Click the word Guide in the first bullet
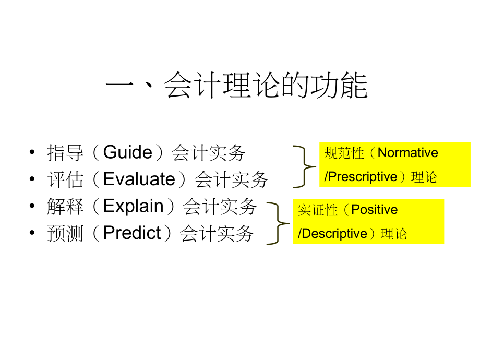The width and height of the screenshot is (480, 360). tap(128, 152)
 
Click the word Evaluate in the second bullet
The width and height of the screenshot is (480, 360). tap(139, 179)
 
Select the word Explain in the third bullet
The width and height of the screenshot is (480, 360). tap(134, 206)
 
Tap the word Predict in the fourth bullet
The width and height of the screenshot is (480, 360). tap(132, 233)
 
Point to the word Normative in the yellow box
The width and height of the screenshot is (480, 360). tap(407, 153)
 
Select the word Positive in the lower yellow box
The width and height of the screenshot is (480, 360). tap(374, 210)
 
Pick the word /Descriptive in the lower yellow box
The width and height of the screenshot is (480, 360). tap(332, 234)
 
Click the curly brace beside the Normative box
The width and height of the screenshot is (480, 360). tap(305, 166)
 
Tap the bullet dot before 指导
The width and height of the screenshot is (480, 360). tap(33, 153)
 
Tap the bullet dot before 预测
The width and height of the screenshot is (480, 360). tap(33, 233)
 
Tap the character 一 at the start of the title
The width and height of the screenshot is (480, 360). tap(119, 86)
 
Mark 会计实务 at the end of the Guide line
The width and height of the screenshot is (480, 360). tap(208, 153)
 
